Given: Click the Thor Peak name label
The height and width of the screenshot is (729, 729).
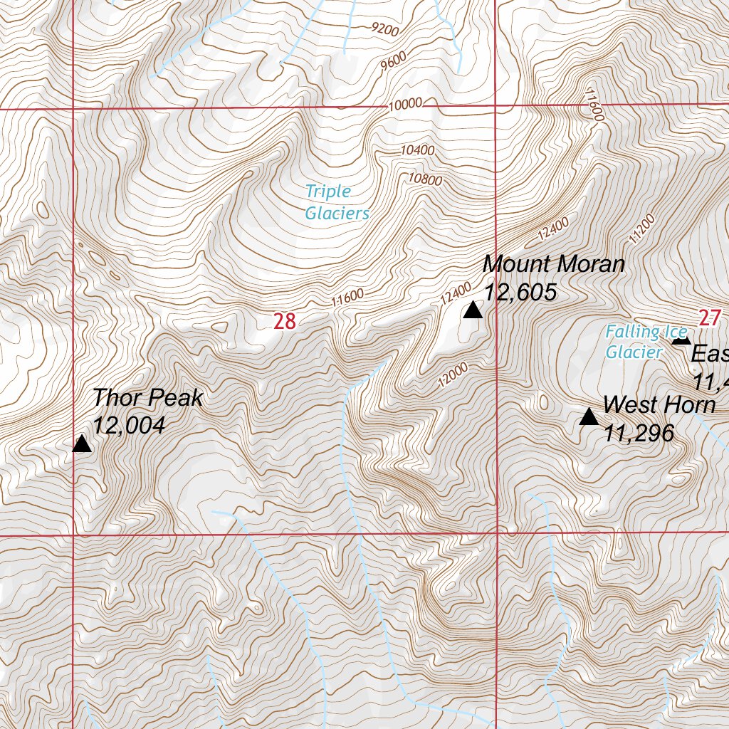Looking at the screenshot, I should pos(147,398).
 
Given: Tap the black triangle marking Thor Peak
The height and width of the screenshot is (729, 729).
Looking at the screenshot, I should pos(82,445).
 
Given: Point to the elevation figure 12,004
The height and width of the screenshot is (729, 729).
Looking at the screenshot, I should pos(129,426).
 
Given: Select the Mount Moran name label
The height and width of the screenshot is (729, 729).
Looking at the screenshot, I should pos(554,264).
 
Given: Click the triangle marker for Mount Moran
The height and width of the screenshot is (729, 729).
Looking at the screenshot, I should pos(472,310).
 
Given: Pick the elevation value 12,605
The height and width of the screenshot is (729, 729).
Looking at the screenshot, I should pos(520,292).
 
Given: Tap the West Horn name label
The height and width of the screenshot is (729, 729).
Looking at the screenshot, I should pos(659,405).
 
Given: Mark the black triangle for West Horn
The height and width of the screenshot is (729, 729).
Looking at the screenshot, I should pos(589,417).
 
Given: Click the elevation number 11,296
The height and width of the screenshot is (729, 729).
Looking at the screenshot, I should pos(639,432).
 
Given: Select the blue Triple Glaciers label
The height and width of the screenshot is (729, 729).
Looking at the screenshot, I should pos(337,202).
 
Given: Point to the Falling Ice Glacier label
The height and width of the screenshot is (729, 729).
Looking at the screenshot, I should pos(646,342).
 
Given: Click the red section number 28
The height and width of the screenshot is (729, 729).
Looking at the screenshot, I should pos(285,322).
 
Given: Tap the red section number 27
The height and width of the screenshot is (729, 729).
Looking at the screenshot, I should pos(710,318).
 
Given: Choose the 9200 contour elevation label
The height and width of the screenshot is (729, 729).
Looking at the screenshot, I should pos(385,28).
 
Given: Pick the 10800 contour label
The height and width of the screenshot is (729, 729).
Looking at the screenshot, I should pos(425,179).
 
